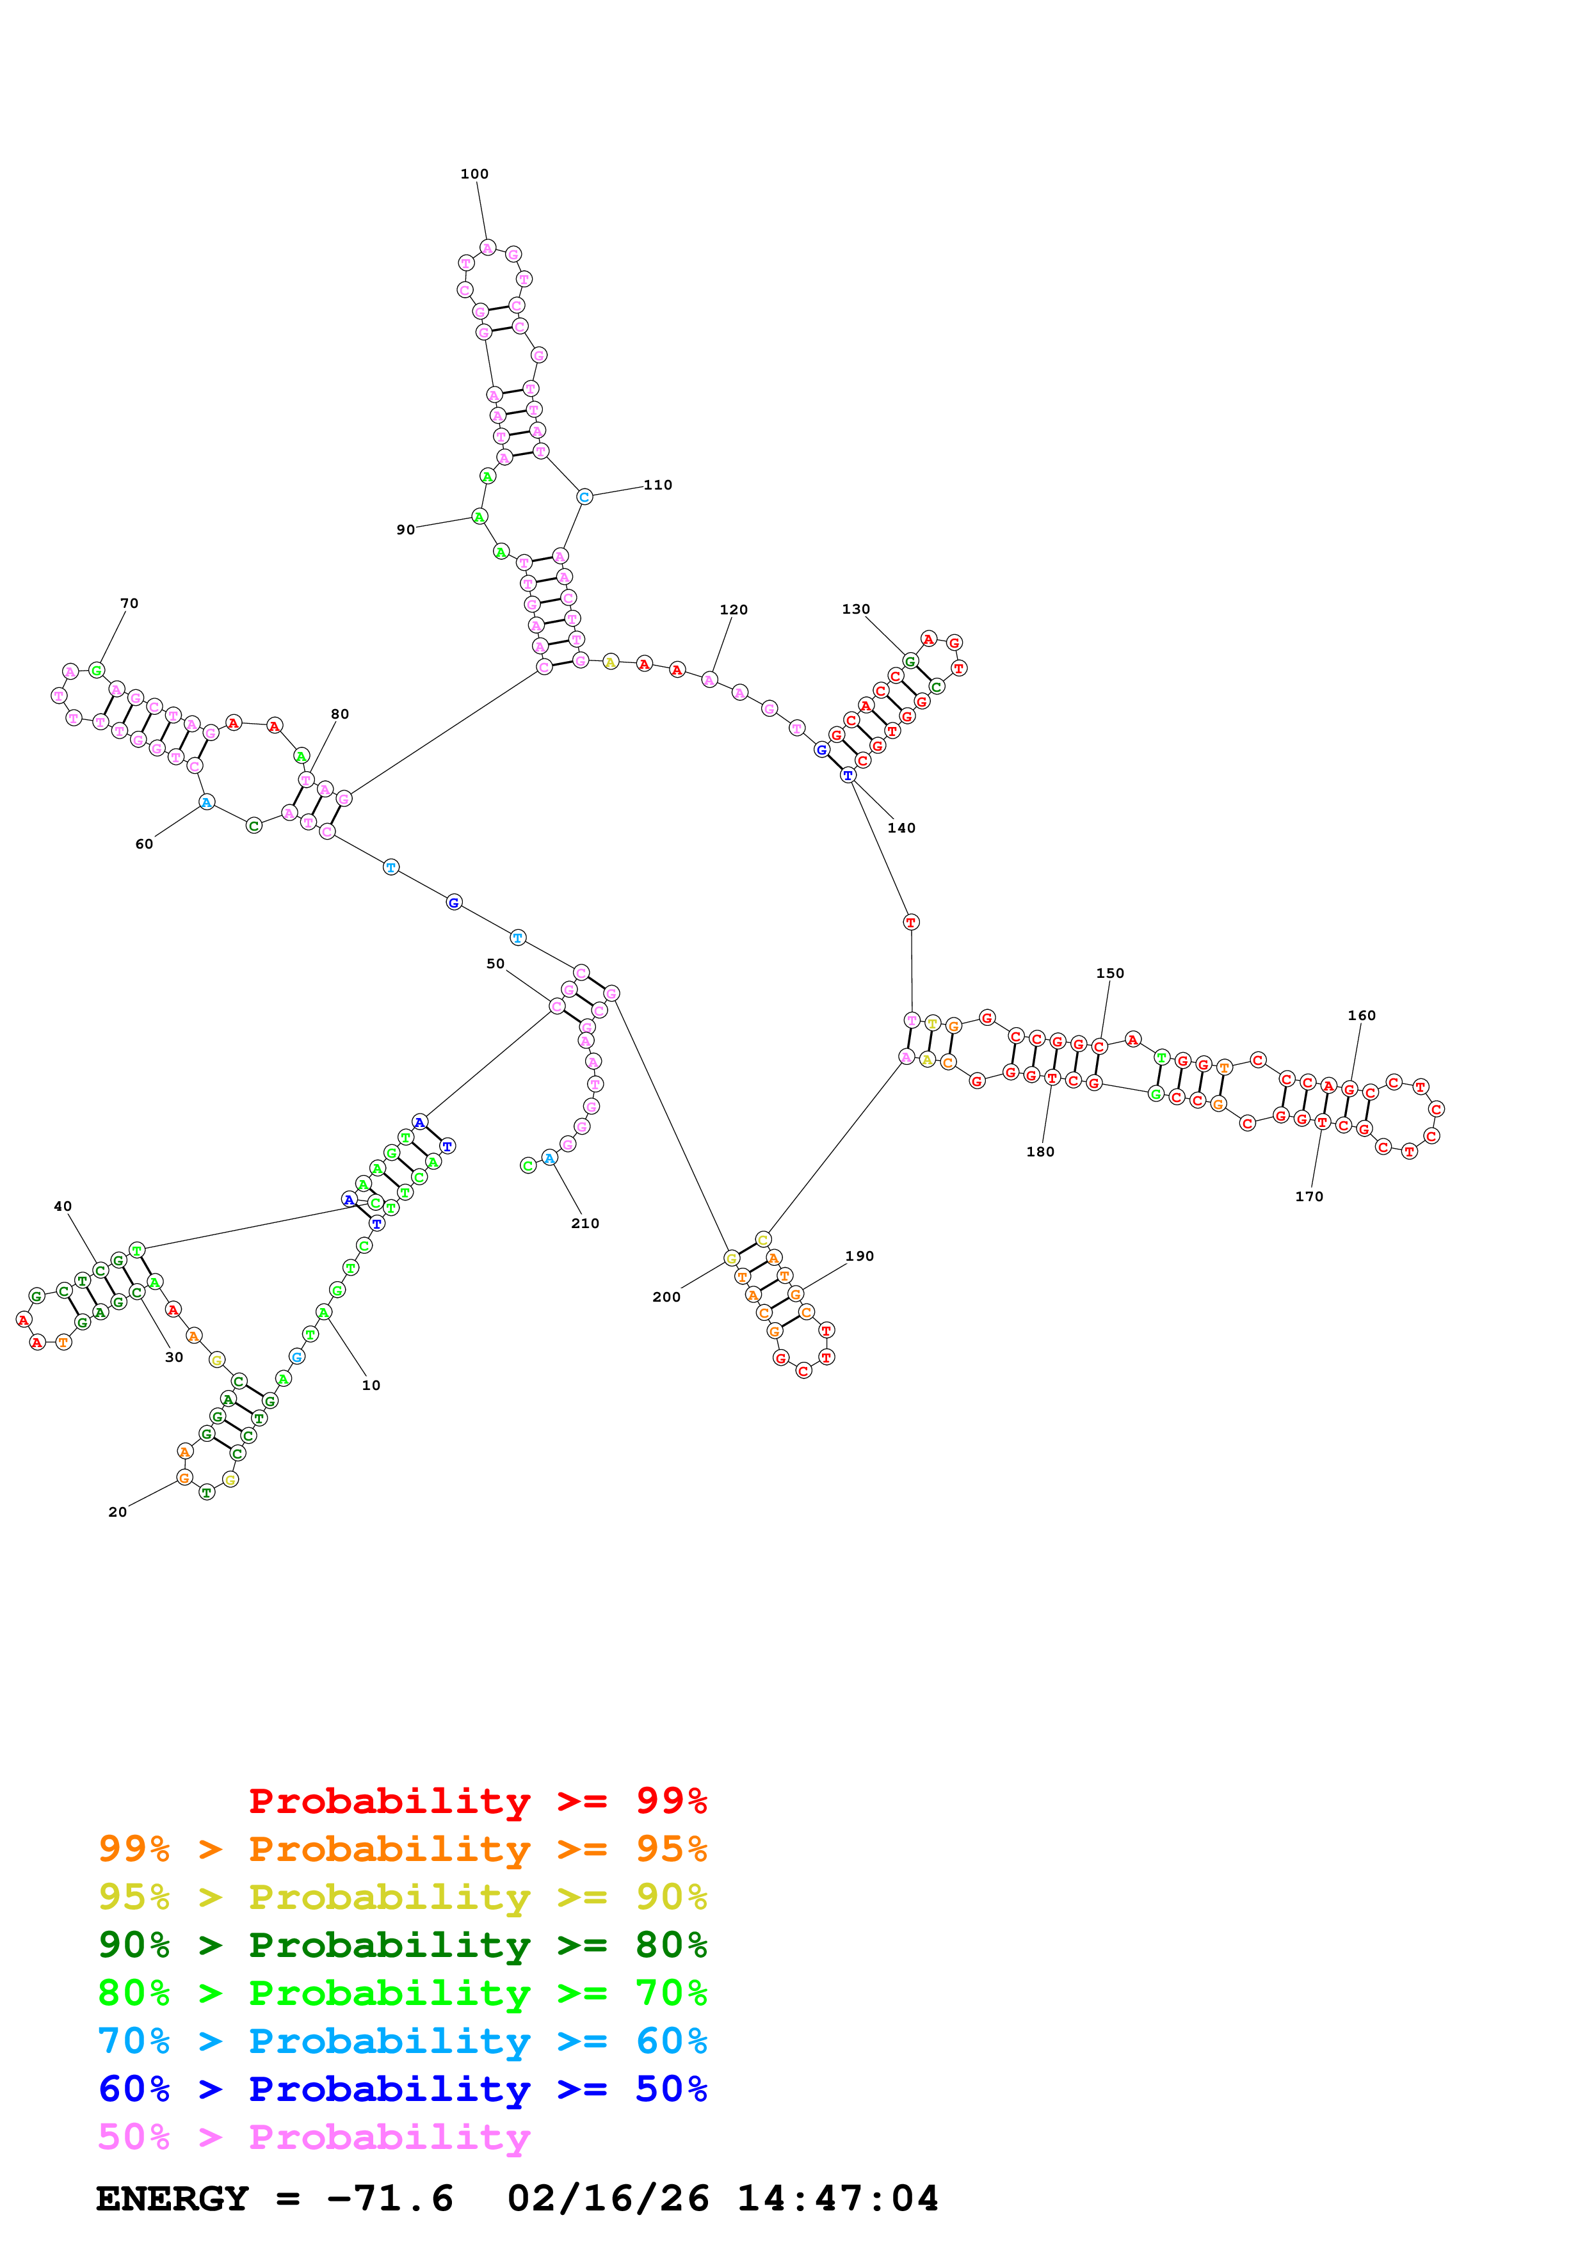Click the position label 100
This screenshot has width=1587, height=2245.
(474, 174)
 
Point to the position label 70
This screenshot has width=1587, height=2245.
(129, 603)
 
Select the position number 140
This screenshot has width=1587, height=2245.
(901, 828)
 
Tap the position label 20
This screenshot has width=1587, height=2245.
(117, 1512)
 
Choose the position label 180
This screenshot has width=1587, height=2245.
(1040, 1152)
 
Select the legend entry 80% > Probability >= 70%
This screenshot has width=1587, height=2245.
(402, 1993)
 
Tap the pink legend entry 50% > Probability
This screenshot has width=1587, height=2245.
(314, 2136)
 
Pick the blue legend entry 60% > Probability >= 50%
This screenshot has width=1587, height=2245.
(402, 2089)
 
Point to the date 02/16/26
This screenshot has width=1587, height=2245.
(608, 2199)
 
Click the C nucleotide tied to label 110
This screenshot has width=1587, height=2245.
(584, 497)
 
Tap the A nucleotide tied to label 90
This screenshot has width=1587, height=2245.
(479, 516)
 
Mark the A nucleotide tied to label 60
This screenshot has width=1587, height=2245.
(206, 803)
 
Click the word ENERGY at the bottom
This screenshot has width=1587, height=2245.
(172, 2199)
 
